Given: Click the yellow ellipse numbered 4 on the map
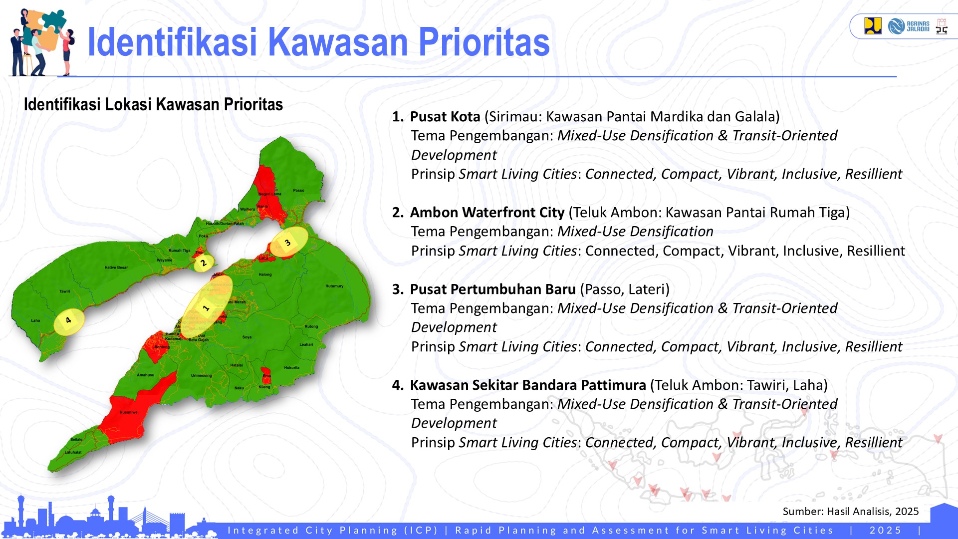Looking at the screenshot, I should point(69,321).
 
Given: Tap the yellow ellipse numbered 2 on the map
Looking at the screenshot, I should point(204,263).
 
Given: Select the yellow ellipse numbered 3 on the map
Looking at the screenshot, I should point(288,242).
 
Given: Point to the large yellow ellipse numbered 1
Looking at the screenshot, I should point(207,307).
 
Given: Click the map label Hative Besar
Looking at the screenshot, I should point(116,268).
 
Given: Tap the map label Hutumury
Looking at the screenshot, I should point(334,286).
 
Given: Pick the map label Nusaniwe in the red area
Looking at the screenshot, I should point(128,412).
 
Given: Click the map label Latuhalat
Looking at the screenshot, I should point(73,452).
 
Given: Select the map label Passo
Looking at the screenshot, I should point(298,190).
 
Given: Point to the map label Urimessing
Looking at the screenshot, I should point(202,375).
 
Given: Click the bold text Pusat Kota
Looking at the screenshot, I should point(445,117).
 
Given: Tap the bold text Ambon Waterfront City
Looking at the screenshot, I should point(487,213).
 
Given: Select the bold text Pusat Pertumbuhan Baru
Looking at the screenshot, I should point(492,289).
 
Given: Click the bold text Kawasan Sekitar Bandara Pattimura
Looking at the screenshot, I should point(527,385).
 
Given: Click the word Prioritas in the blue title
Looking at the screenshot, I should point(483,42).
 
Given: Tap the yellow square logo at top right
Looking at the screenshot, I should point(873,26).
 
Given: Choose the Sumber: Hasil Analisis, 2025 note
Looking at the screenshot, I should point(850,511).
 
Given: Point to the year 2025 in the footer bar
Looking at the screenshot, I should point(885,530).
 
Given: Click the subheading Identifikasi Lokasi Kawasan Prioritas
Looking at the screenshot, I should point(153,105).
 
